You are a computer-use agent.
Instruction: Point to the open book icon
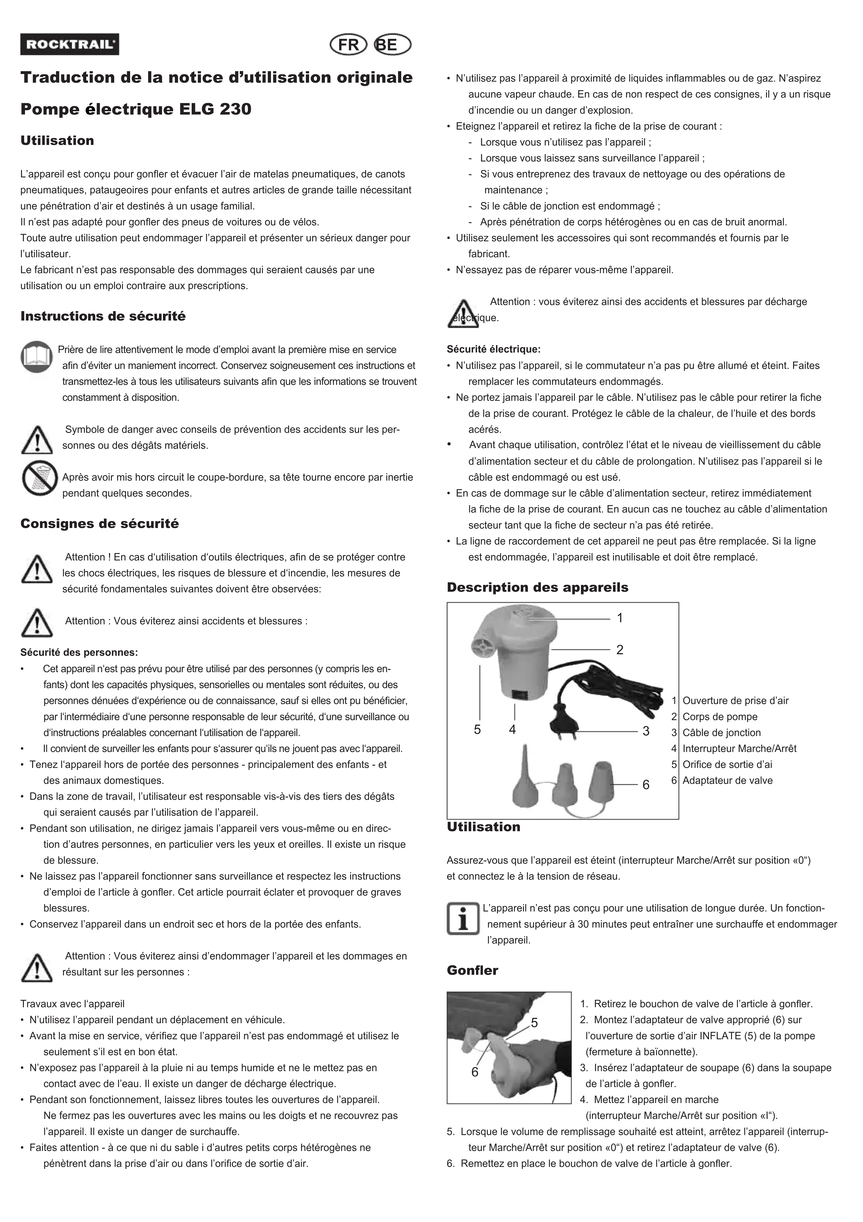pos(37,357)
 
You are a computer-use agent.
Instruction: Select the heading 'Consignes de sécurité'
pos(100,524)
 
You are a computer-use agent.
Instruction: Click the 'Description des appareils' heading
pos(537,588)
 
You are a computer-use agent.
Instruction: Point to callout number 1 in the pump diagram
pos(619,618)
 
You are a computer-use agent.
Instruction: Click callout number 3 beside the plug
pos(646,731)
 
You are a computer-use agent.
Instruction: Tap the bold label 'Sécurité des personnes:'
pos(79,653)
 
